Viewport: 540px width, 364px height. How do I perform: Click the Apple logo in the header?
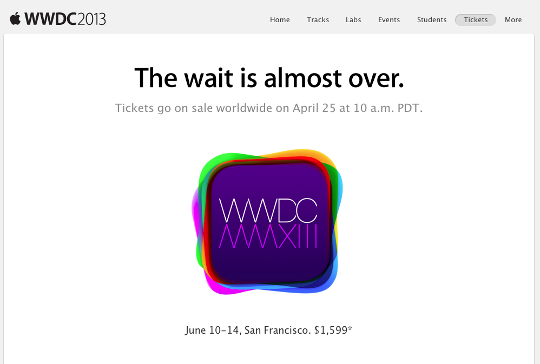pyautogui.click(x=15, y=18)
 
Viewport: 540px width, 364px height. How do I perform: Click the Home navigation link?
pyautogui.click(x=280, y=19)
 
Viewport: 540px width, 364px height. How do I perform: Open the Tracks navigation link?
pyautogui.click(x=318, y=19)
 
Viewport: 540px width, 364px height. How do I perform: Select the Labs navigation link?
pyautogui.click(x=353, y=19)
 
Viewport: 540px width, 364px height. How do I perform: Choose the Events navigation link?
pyautogui.click(x=389, y=19)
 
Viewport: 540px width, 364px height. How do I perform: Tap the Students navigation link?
pyautogui.click(x=432, y=19)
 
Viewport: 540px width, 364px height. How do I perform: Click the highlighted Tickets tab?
pyautogui.click(x=476, y=19)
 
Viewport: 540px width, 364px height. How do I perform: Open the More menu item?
pyautogui.click(x=513, y=19)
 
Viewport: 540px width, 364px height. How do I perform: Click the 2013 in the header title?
pyautogui.click(x=91, y=19)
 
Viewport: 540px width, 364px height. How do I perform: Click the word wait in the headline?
pyautogui.click(x=209, y=78)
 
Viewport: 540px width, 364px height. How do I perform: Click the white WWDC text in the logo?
pyautogui.click(x=268, y=210)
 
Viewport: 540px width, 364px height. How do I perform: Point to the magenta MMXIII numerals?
pyautogui.click(x=268, y=236)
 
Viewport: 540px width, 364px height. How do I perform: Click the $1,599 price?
pyautogui.click(x=333, y=330)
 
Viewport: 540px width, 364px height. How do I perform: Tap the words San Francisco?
pyautogui.click(x=278, y=330)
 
